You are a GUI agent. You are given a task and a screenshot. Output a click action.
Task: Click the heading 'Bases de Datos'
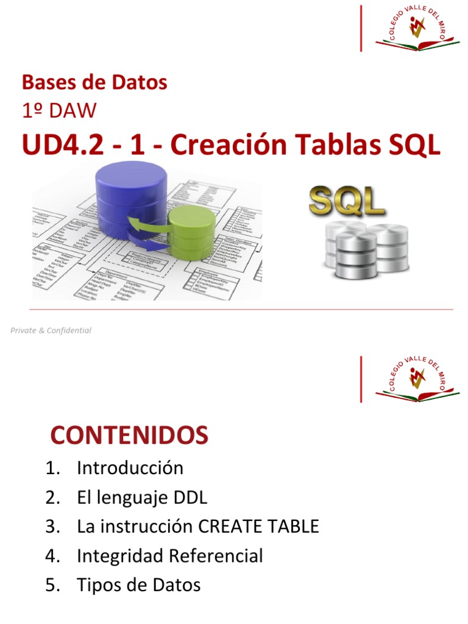point(94,82)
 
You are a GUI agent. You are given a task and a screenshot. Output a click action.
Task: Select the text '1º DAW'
point(58,111)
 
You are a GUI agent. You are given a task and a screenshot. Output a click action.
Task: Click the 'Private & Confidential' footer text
point(51,330)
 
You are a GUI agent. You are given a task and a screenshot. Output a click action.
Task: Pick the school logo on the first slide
point(417,29)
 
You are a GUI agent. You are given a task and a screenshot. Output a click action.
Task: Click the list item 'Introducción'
point(130,468)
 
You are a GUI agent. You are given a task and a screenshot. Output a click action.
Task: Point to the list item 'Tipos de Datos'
point(138,585)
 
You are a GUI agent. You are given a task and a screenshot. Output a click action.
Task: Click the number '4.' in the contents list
point(52,556)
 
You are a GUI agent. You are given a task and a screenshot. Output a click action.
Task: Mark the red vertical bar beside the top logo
point(361,28)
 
